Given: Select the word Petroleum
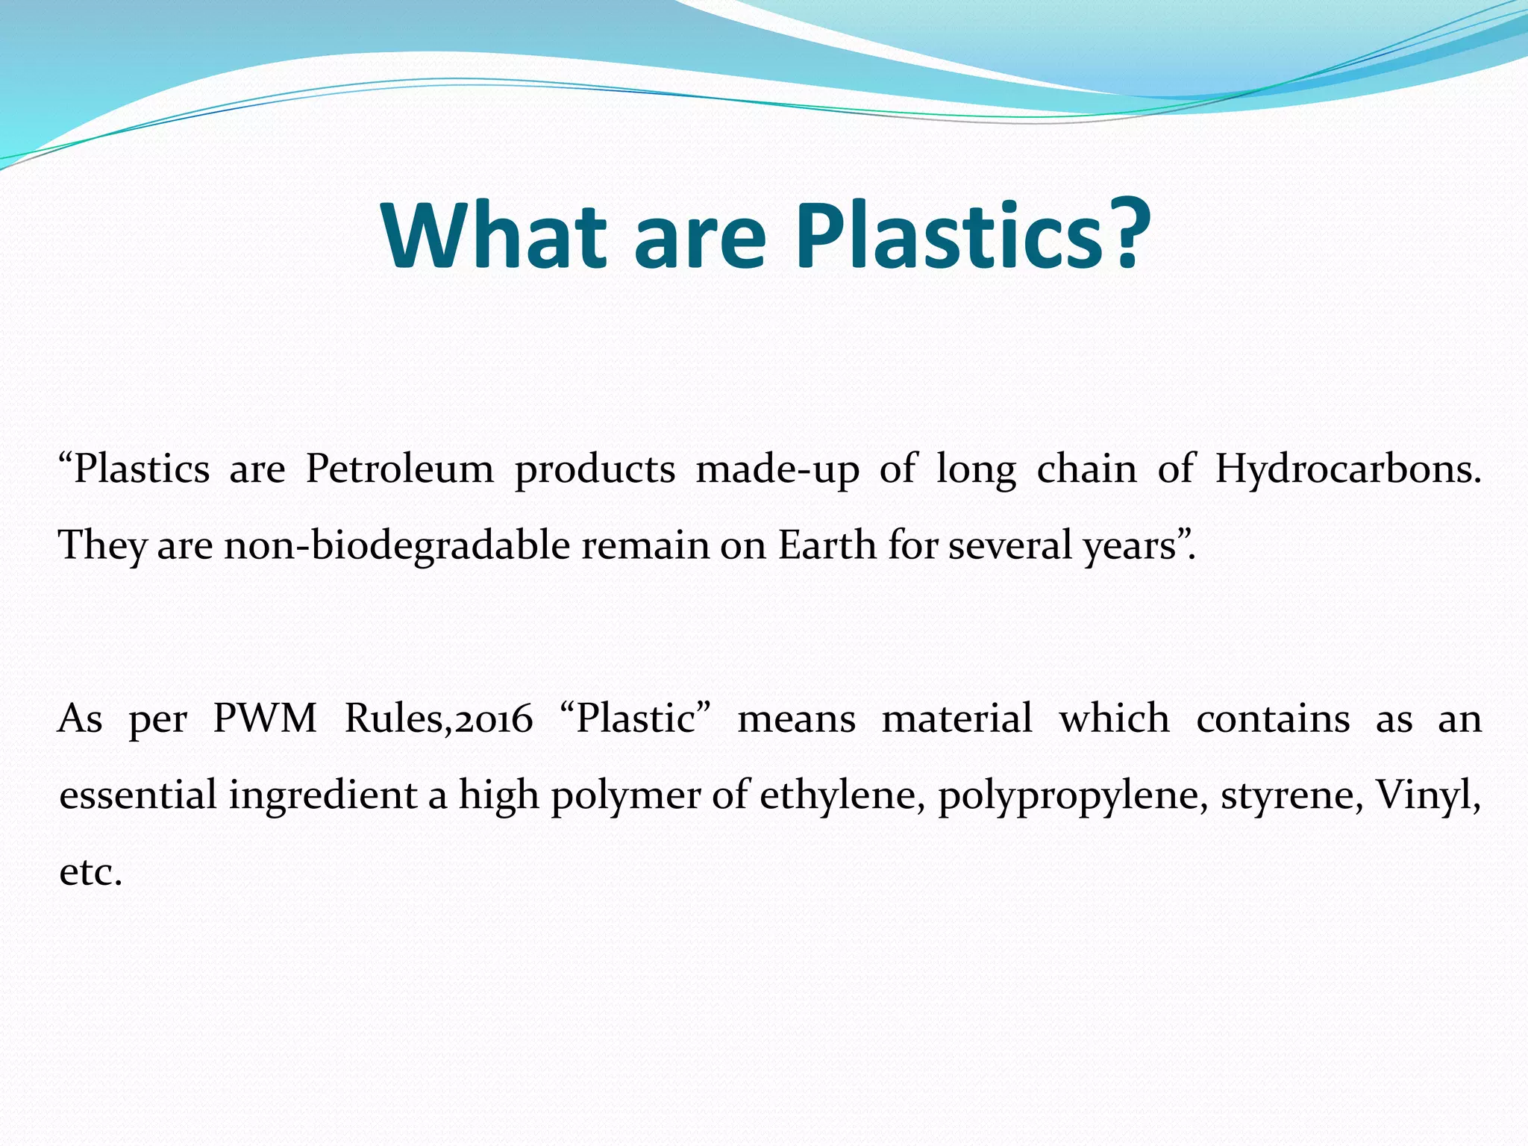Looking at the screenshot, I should (x=400, y=469).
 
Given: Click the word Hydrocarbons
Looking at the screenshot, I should (x=1347, y=469).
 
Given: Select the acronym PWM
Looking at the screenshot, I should (x=265, y=718).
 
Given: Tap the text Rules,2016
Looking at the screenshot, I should (x=439, y=718).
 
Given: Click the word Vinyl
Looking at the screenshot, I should (x=1427, y=795).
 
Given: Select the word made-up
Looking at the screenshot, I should (x=777, y=469).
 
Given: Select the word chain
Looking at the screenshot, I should (x=1086, y=469).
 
